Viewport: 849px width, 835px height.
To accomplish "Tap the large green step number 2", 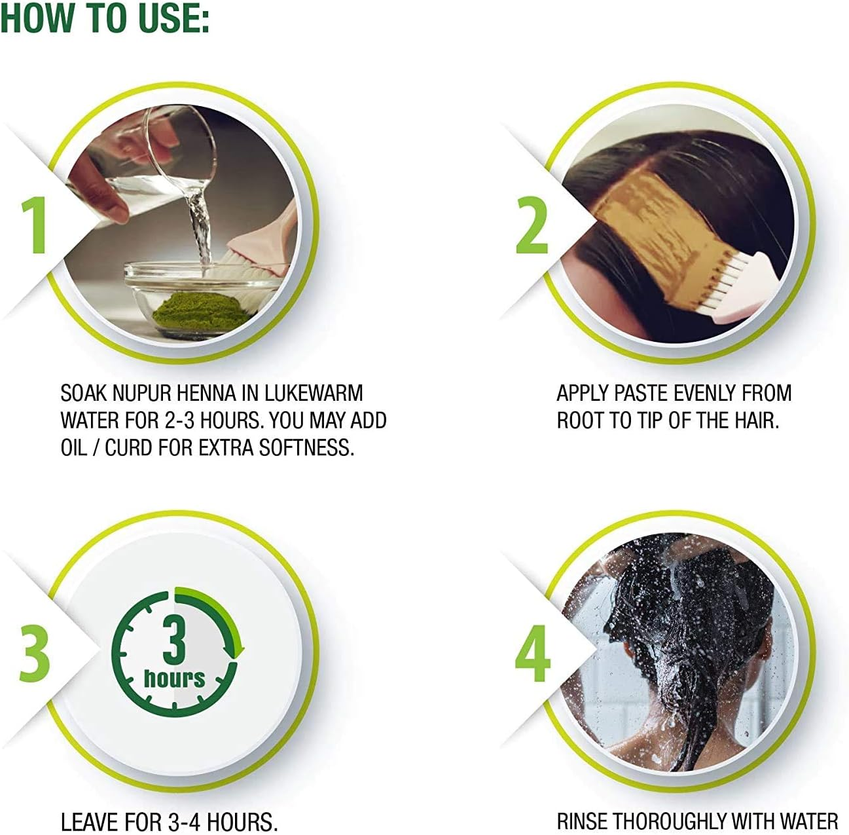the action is (532, 225).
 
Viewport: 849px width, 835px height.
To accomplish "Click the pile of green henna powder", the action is (200, 306).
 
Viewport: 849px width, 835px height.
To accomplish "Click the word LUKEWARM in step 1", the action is (314, 393).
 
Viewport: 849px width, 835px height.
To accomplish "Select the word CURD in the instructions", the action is (128, 448).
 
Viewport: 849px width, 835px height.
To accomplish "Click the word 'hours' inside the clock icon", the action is (175, 678).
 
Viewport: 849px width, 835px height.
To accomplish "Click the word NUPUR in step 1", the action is (141, 393).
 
